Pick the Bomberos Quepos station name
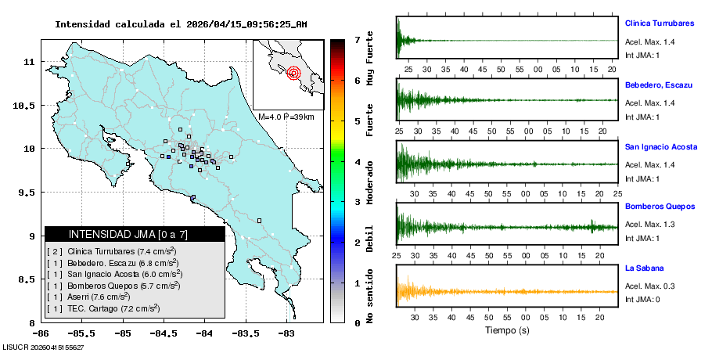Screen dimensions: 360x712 [x=660, y=207]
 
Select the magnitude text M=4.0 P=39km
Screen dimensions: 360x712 [x=286, y=117]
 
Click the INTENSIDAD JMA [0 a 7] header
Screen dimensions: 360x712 [x=135, y=234]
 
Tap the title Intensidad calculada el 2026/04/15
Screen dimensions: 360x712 [x=181, y=24]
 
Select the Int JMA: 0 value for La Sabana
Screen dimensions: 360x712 [x=642, y=300]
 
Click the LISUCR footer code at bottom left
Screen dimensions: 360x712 [x=43, y=347]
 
